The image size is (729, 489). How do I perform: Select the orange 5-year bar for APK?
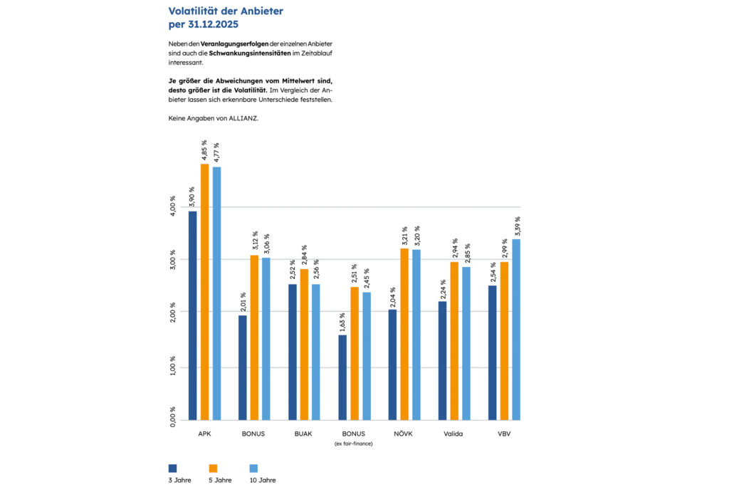point(204,292)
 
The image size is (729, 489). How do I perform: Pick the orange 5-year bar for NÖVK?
point(404,334)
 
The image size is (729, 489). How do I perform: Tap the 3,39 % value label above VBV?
point(517,227)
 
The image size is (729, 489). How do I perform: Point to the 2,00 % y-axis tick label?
point(173,312)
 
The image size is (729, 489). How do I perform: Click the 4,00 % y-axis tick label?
point(173,207)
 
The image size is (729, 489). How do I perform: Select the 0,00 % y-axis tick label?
point(173,416)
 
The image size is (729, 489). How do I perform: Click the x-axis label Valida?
point(453,433)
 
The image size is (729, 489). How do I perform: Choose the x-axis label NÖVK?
point(403,433)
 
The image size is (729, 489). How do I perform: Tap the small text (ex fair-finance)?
point(354,443)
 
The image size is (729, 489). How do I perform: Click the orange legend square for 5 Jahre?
point(212,468)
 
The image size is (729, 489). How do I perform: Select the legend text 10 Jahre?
point(262,480)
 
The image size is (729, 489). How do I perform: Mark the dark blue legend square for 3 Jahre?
point(172,468)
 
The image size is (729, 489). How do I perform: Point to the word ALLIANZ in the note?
point(242,118)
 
